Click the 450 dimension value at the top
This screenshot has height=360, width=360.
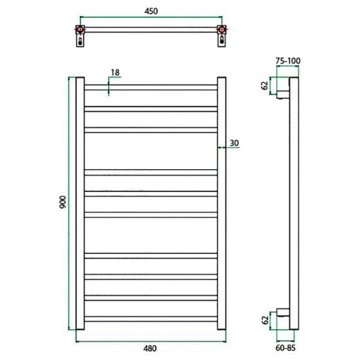coord(151,11)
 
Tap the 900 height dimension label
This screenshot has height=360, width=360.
coord(62,202)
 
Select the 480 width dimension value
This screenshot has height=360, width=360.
coord(150,348)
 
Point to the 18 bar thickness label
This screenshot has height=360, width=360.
coord(115,73)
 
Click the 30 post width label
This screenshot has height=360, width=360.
coord(234,143)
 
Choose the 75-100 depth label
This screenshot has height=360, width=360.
coord(288,61)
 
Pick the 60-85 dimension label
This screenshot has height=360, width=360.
coord(286,348)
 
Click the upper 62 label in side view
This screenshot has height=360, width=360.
coord(265,85)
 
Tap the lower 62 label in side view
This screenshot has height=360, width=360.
coord(265,320)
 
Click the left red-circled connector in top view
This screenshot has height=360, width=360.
coord(80,29)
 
